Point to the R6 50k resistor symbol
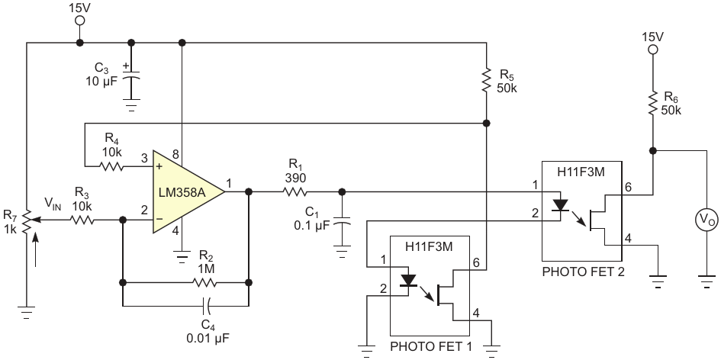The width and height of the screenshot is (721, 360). [x=652, y=103]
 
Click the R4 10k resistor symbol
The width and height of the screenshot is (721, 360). [x=111, y=166]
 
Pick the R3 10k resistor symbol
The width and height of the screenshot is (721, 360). [x=82, y=220]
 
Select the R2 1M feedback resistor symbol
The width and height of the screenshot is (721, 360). [x=205, y=282]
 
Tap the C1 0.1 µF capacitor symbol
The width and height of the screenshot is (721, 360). [x=342, y=223]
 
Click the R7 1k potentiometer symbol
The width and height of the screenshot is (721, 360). [x=27, y=220]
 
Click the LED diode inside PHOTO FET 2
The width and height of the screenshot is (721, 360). [x=560, y=205]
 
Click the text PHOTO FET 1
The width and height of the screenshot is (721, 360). [x=431, y=346]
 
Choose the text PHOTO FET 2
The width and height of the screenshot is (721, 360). [x=583, y=272]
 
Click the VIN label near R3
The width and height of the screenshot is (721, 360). [x=53, y=203]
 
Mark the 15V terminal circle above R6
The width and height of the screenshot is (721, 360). [x=652, y=50]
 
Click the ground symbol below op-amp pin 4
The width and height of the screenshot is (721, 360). [x=182, y=256]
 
